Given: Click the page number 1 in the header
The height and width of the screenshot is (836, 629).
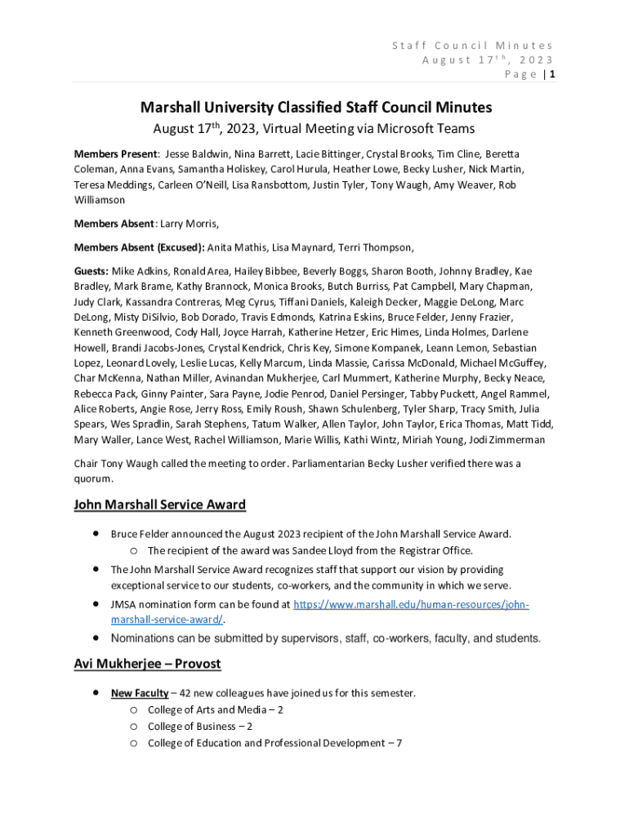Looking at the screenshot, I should (552, 74).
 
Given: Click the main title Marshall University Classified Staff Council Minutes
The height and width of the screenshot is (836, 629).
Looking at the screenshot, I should (315, 107).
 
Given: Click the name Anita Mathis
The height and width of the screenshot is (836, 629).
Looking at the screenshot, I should (236, 247).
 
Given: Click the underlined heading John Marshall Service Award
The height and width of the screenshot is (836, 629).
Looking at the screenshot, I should (160, 505).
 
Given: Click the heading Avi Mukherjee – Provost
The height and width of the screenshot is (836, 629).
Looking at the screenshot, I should (147, 664).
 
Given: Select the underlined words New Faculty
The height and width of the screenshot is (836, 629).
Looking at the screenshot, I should (140, 693).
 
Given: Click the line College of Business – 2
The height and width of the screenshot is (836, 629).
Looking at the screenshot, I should (199, 726).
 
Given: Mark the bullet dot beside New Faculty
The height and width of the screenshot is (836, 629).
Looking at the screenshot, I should (96, 692).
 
